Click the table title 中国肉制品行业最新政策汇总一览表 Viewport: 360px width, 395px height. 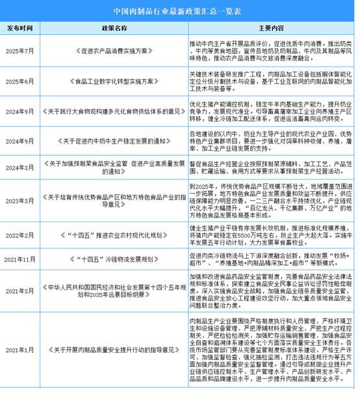click(x=180, y=10)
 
